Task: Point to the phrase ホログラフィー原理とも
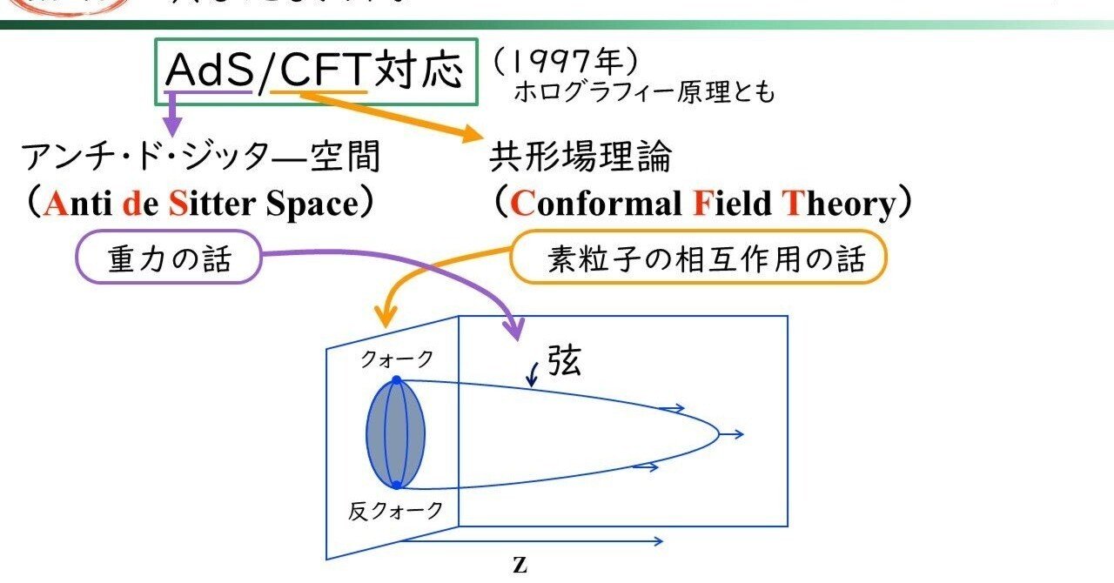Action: click(x=643, y=92)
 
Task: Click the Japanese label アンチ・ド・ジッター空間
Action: click(x=201, y=157)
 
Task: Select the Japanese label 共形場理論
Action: click(x=580, y=157)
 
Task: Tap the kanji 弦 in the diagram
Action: click(x=565, y=359)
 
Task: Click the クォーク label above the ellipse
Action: click(x=397, y=359)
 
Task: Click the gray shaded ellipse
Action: click(x=396, y=432)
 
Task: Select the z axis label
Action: click(x=520, y=565)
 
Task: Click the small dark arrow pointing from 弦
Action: click(x=533, y=376)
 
